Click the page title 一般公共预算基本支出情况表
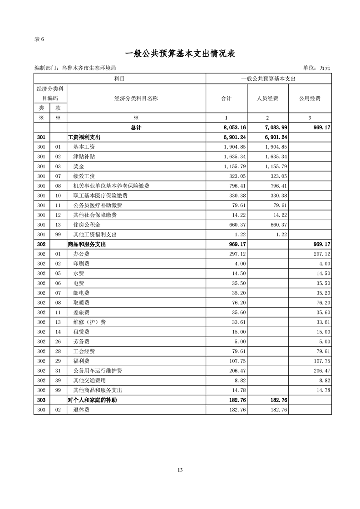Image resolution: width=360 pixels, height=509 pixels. point(180,53)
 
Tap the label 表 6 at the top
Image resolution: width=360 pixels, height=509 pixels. point(39,39)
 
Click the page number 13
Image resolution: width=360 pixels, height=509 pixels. point(180,470)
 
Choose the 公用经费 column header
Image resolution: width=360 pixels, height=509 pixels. point(310,98)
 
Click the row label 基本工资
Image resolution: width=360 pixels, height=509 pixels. point(84,147)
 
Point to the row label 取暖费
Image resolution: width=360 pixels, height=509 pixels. point(81,303)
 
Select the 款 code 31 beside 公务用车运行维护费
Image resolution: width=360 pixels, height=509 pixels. point(58,371)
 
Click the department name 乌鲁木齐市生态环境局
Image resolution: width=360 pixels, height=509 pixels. point(89,68)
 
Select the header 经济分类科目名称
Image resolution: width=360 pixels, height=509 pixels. point(136,98)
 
